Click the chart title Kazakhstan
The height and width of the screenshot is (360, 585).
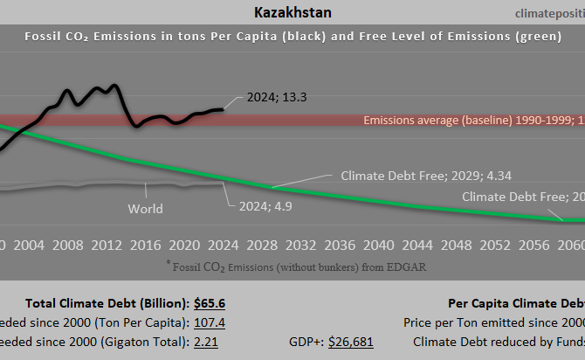point(292,12)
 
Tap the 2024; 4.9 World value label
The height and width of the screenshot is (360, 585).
point(265,207)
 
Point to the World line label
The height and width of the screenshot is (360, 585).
point(145,209)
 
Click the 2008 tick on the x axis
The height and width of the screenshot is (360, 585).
point(67,244)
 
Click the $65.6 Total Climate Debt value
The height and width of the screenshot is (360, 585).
point(210,303)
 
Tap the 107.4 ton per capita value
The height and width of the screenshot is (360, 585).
point(210,322)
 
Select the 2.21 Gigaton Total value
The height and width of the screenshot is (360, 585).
point(205,342)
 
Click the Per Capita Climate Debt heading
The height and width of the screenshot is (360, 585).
point(516,303)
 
